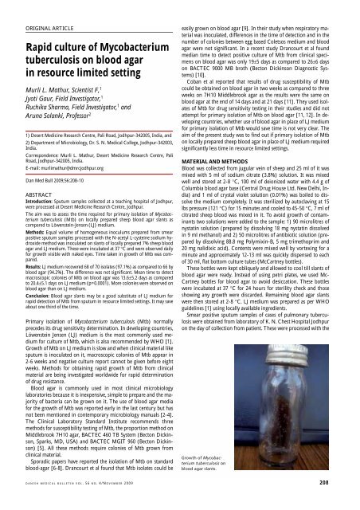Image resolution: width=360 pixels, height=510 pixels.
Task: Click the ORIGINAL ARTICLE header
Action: [39, 10]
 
